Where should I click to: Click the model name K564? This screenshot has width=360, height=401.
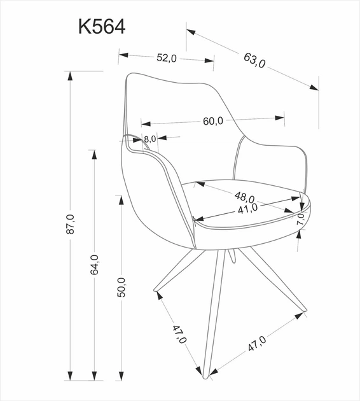[101, 26]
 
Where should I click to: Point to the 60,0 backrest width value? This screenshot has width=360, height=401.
[213, 121]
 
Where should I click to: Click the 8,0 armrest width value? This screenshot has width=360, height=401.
[149, 139]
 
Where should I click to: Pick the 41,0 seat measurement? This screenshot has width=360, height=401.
[247, 208]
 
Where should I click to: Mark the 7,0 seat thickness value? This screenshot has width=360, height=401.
[300, 218]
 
